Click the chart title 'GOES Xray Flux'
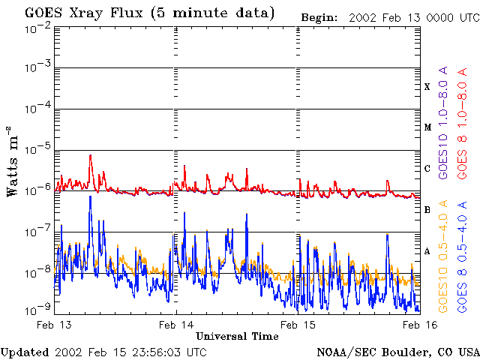click(83, 13)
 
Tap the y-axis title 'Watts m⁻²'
click(12, 161)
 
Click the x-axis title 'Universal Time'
click(237, 336)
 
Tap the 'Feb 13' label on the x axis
click(54, 325)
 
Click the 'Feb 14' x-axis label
click(176, 325)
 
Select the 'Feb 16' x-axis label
click(420, 325)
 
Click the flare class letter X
click(427, 87)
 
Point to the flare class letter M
click(427, 127)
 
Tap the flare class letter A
click(427, 251)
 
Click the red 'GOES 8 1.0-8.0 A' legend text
click(462, 123)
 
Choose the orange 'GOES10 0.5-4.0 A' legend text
click(443, 256)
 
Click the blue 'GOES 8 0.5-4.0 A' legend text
click(462, 256)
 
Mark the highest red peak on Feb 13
click(90, 155)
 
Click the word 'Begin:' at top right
click(319, 18)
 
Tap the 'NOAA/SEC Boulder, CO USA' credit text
click(398, 352)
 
